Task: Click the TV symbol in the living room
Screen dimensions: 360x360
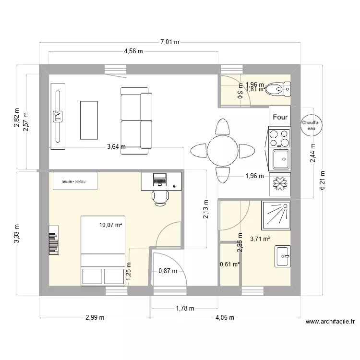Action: (x=58, y=116)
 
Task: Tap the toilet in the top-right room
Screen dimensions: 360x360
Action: (x=276, y=88)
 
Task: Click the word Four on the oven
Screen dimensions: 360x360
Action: (x=280, y=117)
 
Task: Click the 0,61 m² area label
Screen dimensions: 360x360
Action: (x=229, y=264)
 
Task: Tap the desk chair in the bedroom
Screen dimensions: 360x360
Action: (x=160, y=197)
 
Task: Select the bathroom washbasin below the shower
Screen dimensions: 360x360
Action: (x=282, y=256)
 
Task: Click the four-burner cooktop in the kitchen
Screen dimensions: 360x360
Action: (x=280, y=138)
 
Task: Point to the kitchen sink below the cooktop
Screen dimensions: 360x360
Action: (x=280, y=158)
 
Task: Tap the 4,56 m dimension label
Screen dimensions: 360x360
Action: (x=133, y=53)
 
